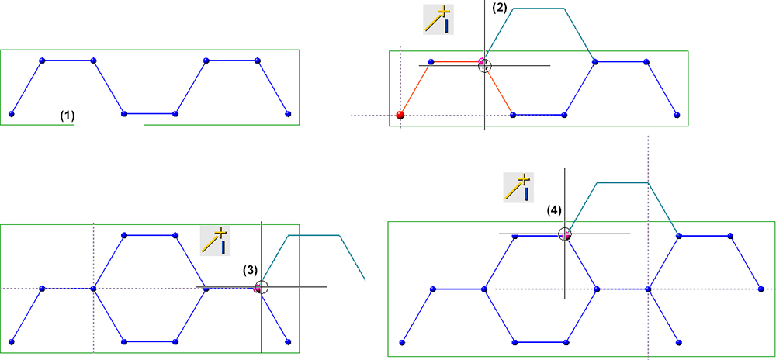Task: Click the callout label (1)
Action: coord(68,116)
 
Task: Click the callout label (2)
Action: coord(500,8)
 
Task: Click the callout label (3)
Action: coord(249,270)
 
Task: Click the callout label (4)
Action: coord(553,210)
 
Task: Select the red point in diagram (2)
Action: coord(400,115)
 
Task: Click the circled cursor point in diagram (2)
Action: coord(484,65)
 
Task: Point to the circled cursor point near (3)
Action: coord(261,287)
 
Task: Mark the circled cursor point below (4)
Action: coord(565,233)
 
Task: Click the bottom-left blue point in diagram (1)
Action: coord(12,114)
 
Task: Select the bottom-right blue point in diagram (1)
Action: coord(288,114)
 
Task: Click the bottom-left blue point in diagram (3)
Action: coord(12,341)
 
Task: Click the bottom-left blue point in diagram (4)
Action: coord(402,341)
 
